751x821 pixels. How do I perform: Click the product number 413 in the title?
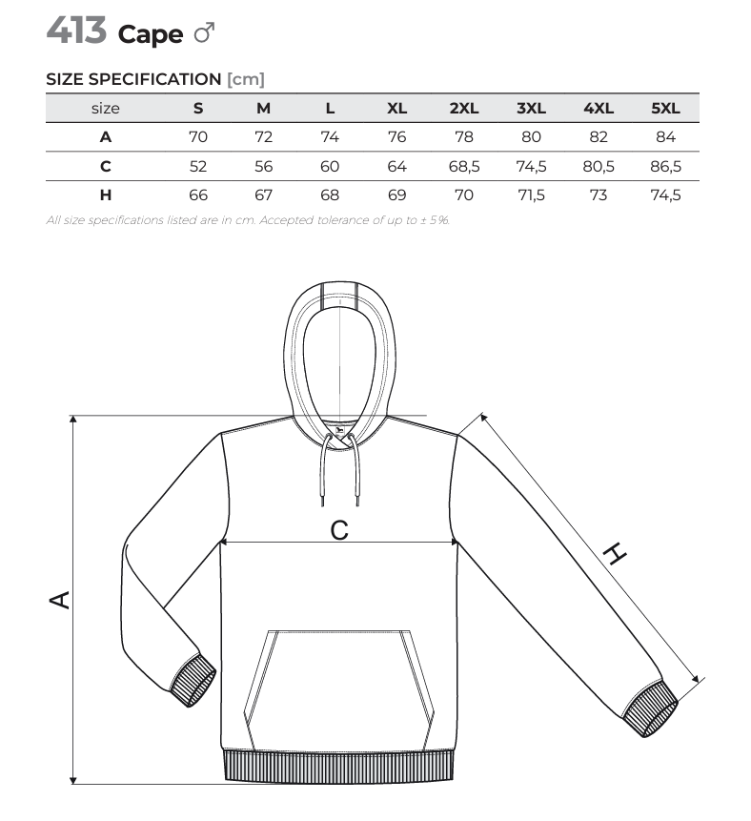pos(76,31)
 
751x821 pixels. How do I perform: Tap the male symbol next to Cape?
pos(204,32)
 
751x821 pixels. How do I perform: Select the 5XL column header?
pos(665,109)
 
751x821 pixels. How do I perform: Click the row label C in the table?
pos(105,167)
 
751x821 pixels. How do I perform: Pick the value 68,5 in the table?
pos(464,167)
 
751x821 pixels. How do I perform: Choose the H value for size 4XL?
pos(599,195)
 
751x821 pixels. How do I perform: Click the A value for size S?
pos(198,137)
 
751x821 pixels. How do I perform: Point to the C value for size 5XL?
pos(665,167)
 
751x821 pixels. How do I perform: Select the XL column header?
pos(396,109)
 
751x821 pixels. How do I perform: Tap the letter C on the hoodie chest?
pos(339,530)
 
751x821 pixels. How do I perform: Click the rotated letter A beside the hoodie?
pos(60,600)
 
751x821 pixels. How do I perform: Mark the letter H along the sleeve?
pos(615,555)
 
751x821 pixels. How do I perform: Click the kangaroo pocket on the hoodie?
pos(339,690)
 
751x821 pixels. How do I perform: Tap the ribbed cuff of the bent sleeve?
pos(193,680)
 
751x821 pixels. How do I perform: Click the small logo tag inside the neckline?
pos(339,431)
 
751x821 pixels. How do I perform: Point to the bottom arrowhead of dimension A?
pos(73,780)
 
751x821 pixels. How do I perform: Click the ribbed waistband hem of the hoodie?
pos(338,767)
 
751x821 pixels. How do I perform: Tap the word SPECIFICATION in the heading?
pos(155,79)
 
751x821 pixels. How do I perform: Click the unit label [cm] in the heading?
pos(246,79)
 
